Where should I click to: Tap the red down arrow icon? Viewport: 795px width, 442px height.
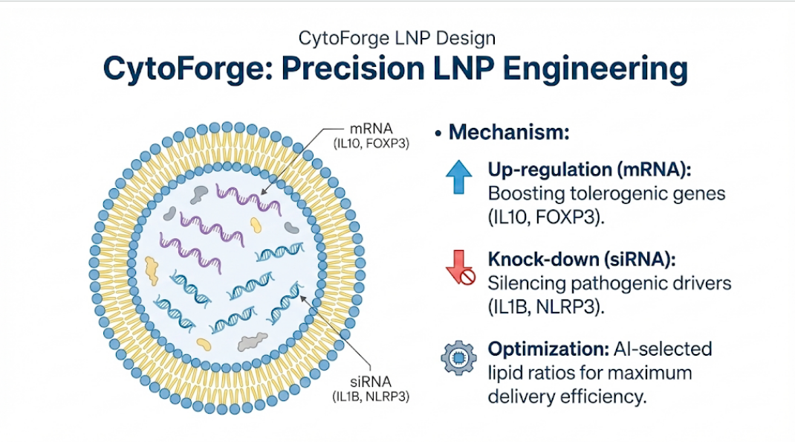point(460,269)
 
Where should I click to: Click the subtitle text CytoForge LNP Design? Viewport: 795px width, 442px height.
point(396,36)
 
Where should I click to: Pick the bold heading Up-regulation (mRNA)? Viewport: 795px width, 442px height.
point(590,170)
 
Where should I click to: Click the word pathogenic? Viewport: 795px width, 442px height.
point(600,284)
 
